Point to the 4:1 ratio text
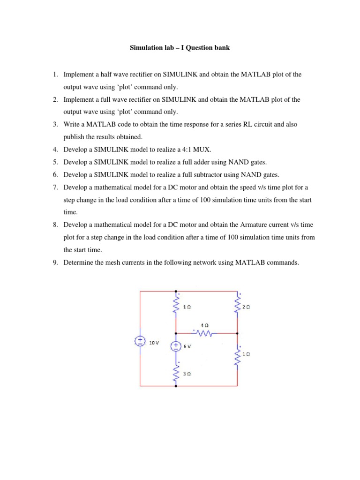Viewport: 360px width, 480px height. point(188,150)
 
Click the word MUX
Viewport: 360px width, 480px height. point(204,150)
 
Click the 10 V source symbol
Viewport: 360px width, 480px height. point(140,342)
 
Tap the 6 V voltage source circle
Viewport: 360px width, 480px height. point(175,346)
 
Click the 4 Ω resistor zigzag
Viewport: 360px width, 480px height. point(204,334)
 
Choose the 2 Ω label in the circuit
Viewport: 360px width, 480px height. point(247,307)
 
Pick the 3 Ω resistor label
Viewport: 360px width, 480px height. point(187,374)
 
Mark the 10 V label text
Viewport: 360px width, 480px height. point(154,343)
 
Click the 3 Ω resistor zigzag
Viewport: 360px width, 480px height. point(176,374)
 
